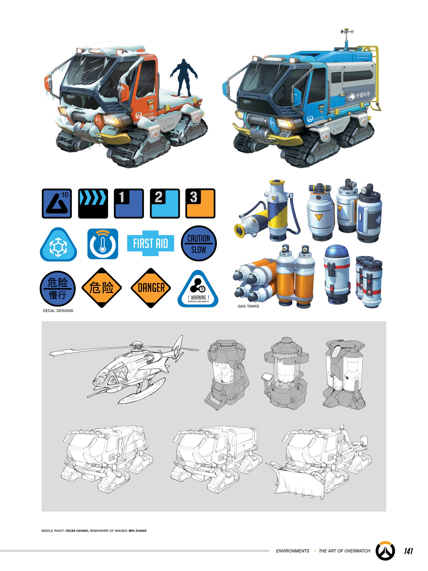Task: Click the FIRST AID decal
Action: click(150, 243)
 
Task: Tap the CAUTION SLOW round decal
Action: click(199, 243)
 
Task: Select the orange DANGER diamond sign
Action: click(151, 288)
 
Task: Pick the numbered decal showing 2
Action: click(165, 203)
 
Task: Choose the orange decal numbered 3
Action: click(200, 203)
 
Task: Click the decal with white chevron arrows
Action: click(93, 203)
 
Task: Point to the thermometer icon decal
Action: click(103, 244)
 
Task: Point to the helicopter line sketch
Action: click(129, 369)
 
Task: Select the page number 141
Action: click(408, 551)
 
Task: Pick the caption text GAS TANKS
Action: click(248, 306)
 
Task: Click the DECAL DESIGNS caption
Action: click(58, 311)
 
